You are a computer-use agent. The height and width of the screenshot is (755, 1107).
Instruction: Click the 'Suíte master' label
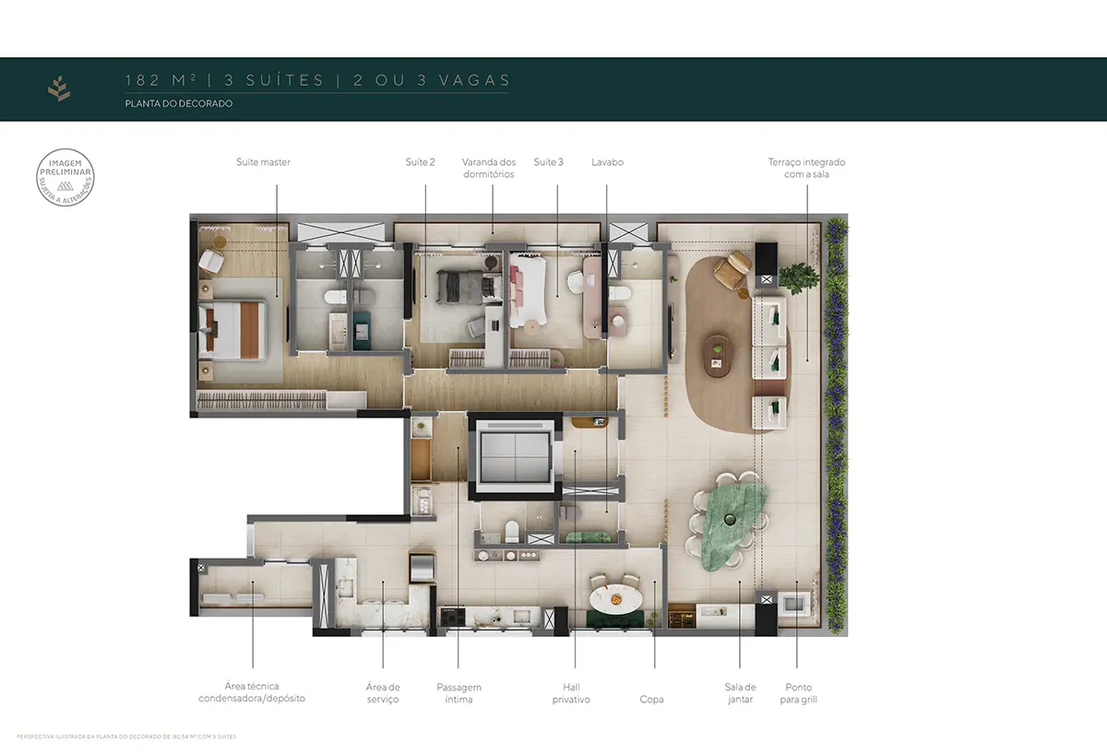pyautogui.click(x=263, y=162)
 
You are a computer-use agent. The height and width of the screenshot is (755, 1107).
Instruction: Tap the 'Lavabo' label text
pyautogui.click(x=607, y=162)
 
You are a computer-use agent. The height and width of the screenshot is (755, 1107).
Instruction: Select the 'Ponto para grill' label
pyautogui.click(x=799, y=693)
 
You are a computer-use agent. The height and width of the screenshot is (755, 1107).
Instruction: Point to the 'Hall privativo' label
pyautogui.click(x=571, y=693)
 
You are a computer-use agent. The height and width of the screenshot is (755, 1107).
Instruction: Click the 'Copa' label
pyautogui.click(x=651, y=700)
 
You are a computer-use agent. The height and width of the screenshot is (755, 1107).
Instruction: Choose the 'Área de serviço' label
pyautogui.click(x=382, y=693)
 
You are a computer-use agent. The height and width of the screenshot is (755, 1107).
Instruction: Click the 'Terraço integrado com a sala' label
pyautogui.click(x=806, y=168)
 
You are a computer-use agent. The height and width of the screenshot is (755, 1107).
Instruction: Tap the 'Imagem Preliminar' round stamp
pyautogui.click(x=65, y=175)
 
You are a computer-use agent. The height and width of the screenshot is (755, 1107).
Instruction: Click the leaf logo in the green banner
pyautogui.click(x=59, y=89)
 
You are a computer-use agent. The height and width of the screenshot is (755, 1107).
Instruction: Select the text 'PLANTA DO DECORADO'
pyautogui.click(x=179, y=104)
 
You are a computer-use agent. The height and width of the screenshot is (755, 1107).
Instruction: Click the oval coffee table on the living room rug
pyautogui.click(x=716, y=354)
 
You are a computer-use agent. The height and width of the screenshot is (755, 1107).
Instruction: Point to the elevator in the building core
pyautogui.click(x=511, y=456)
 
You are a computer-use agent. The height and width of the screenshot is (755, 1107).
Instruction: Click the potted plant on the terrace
pyautogui.click(x=798, y=275)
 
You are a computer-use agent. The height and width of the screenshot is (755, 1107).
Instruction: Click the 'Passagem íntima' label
pyautogui.click(x=458, y=693)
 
